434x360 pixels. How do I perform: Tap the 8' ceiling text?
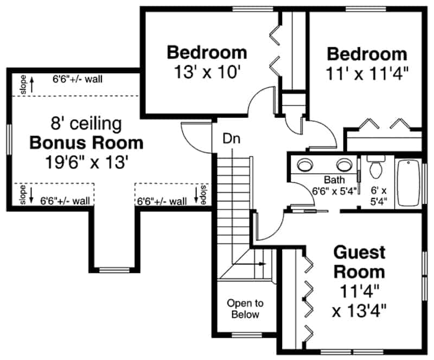click(86, 124)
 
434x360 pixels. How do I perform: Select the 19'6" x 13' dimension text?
click(86, 163)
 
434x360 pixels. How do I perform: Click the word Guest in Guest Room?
click(359, 253)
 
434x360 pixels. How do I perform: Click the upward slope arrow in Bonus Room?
click(32, 83)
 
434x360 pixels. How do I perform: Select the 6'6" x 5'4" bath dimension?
click(333, 191)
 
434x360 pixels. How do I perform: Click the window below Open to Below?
click(244, 333)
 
